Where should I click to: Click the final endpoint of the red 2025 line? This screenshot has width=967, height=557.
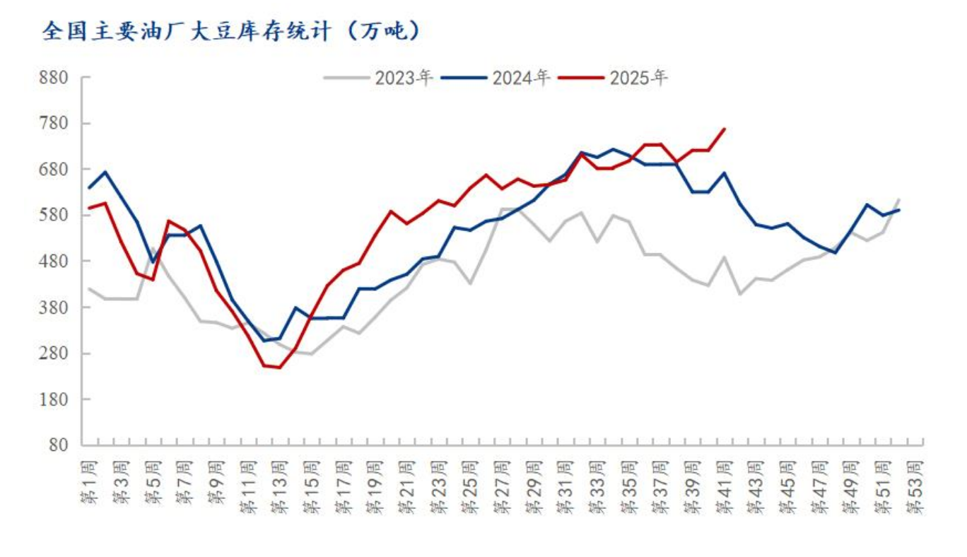click(x=725, y=129)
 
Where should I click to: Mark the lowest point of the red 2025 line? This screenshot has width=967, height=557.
click(x=279, y=368)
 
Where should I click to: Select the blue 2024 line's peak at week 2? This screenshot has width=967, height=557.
click(x=105, y=172)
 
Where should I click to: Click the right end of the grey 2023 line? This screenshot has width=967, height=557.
click(x=899, y=199)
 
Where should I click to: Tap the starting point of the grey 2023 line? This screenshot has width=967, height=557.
click(x=89, y=288)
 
